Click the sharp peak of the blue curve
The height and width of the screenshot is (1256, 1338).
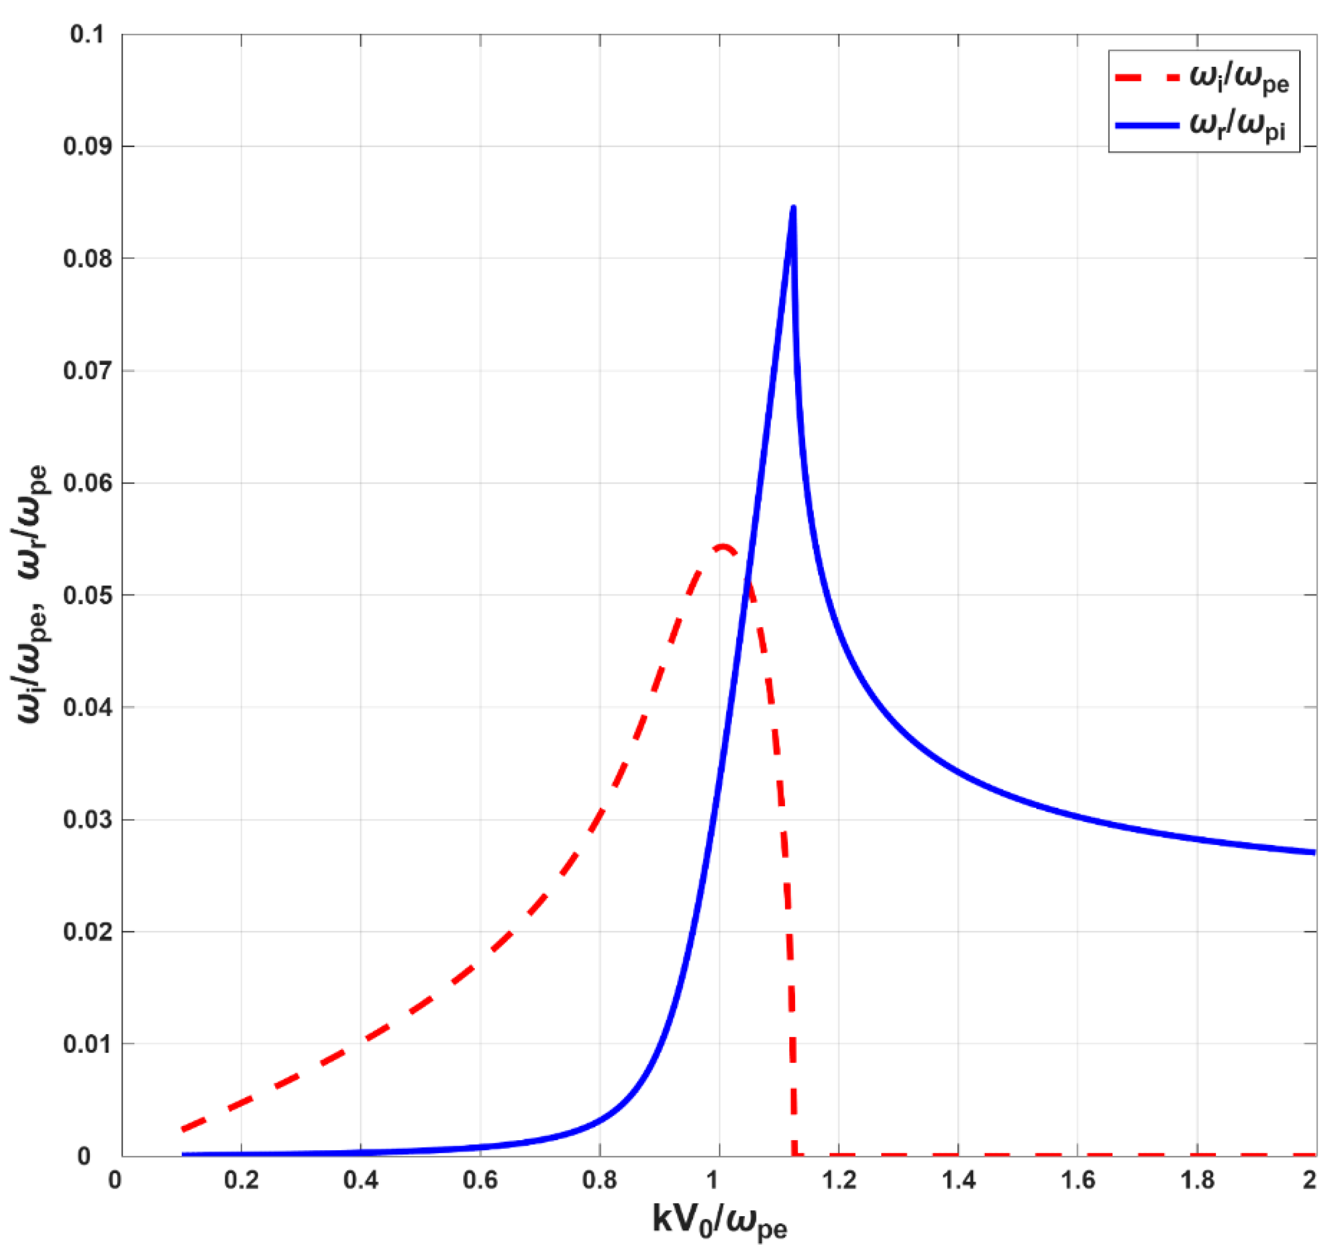pyautogui.click(x=794, y=207)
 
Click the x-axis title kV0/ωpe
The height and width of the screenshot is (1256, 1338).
pyautogui.click(x=720, y=1220)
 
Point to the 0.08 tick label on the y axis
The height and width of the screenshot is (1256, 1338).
pyautogui.click(x=88, y=259)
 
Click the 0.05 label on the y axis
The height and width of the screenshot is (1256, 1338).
pyautogui.click(x=88, y=596)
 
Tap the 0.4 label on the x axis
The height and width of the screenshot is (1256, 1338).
pyautogui.click(x=361, y=1180)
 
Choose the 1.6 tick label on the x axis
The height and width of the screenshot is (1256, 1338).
pyautogui.click(x=1078, y=1180)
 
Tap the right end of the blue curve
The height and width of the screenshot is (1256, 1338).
pyautogui.click(x=1313, y=852)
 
